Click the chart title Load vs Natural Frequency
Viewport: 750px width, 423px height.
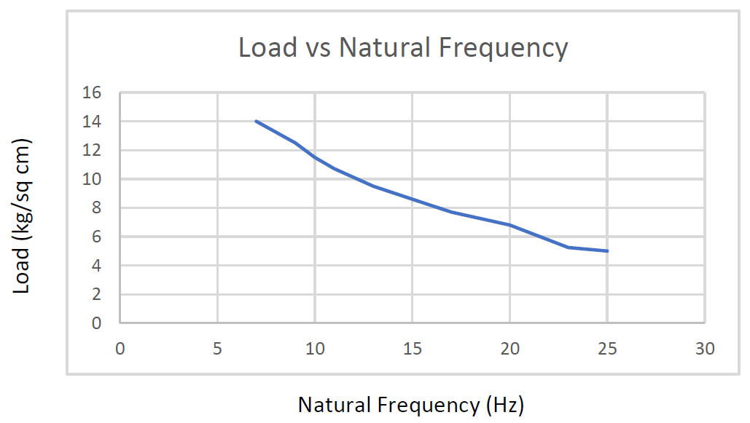click(403, 48)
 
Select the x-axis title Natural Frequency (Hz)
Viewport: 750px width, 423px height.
click(411, 405)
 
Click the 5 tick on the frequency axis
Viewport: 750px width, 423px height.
click(217, 349)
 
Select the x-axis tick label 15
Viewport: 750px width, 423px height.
click(413, 349)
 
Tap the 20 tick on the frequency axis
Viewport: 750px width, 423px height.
click(509, 349)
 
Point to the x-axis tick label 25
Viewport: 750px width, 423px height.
click(607, 349)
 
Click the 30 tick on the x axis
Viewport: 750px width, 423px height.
click(705, 349)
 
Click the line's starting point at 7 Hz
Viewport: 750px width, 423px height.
click(257, 122)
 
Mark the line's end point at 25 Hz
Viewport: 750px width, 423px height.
click(607, 251)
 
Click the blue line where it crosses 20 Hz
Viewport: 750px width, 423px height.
click(509, 225)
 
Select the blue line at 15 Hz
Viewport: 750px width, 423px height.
click(413, 199)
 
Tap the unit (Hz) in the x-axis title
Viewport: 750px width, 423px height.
click(504, 405)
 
